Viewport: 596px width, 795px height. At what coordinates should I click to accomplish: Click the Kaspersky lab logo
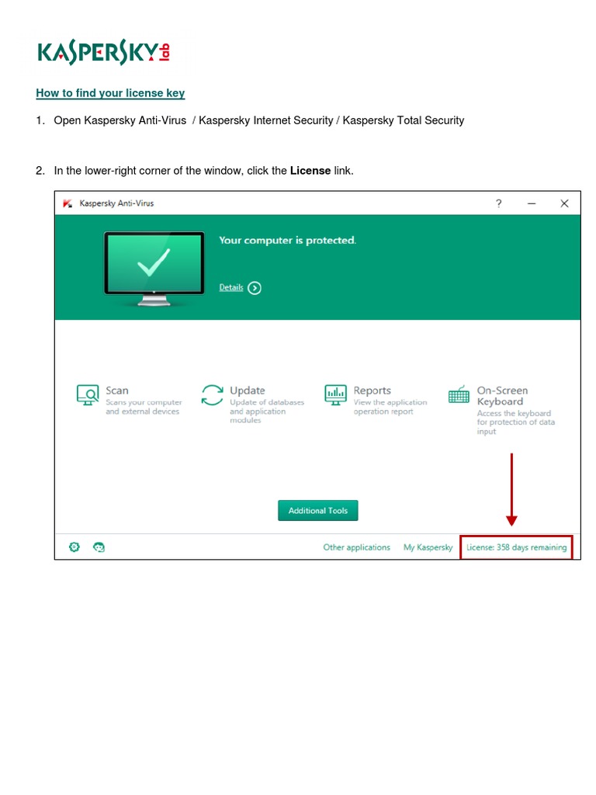[103, 53]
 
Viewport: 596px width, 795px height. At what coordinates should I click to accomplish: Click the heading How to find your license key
[110, 93]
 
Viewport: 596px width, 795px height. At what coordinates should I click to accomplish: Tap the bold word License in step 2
[310, 170]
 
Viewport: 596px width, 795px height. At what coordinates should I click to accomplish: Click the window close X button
[564, 203]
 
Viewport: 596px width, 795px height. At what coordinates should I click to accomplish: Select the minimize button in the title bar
[532, 203]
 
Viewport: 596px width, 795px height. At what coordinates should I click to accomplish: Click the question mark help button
[499, 203]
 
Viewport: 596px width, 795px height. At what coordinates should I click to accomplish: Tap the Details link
[231, 287]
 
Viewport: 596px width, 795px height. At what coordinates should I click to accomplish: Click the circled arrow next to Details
[255, 288]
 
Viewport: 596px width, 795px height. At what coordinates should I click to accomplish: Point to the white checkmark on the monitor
[154, 264]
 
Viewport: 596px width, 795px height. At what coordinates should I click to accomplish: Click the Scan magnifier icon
[88, 395]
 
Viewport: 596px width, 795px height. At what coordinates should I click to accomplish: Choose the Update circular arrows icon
[212, 394]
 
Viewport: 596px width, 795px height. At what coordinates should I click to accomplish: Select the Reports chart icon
[336, 394]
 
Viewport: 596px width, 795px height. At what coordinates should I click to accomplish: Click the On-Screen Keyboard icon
[459, 395]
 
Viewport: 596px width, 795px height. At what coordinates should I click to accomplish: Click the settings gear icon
[74, 547]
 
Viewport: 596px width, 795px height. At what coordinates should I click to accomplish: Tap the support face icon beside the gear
[99, 547]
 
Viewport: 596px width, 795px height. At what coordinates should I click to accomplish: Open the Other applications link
[356, 547]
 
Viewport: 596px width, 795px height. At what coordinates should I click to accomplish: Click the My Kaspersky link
[428, 547]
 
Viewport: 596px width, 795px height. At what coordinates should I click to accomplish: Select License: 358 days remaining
[516, 547]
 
